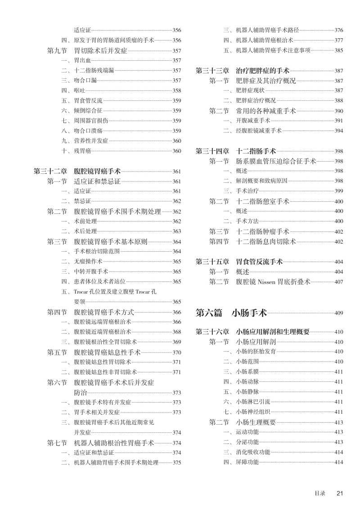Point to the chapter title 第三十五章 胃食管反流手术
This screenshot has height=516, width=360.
(239, 262)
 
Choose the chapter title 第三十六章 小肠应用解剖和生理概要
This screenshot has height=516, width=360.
(252, 332)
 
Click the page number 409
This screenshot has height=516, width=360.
(338, 313)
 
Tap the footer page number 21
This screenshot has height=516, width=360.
(340, 493)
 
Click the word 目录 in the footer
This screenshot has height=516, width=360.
(320, 493)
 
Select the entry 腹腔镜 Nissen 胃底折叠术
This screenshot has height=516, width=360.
(273, 281)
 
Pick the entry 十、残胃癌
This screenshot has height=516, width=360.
(76, 151)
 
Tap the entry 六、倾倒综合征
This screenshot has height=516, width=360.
(82, 111)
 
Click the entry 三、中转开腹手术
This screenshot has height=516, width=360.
(85, 272)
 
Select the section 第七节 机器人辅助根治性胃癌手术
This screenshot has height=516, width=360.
(101, 443)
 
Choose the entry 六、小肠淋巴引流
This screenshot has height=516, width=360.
(247, 402)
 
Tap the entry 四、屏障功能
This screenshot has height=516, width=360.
(241, 462)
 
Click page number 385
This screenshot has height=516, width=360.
(338, 50)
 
